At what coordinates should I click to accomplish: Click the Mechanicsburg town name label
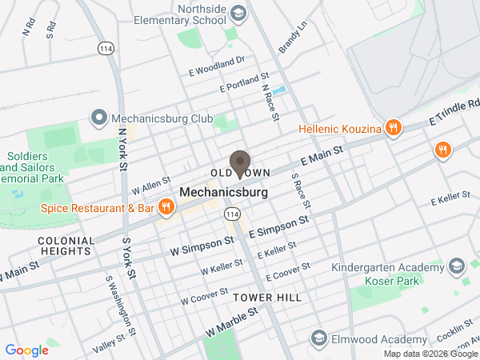[223, 193]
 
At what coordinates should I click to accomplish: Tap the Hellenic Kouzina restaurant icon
[393, 127]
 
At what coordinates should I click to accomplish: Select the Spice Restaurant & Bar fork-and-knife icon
[166, 208]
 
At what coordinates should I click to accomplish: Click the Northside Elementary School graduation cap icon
[238, 13]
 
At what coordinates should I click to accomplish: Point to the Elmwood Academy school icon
[319, 338]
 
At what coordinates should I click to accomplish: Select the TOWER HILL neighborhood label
[267, 298]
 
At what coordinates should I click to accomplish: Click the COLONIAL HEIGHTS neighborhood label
[64, 245]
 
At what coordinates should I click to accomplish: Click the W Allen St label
[151, 186]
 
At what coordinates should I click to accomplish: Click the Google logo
[27, 350]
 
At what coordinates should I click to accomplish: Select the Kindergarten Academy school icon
[456, 266]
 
